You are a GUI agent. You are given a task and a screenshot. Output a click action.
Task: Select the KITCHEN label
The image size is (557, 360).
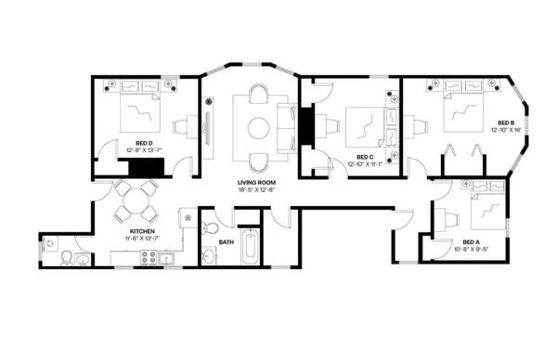pos(141,231)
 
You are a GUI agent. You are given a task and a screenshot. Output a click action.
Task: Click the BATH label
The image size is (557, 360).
pos(226,242)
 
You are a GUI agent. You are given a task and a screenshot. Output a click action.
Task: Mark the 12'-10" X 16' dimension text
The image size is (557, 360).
pos(507,131)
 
